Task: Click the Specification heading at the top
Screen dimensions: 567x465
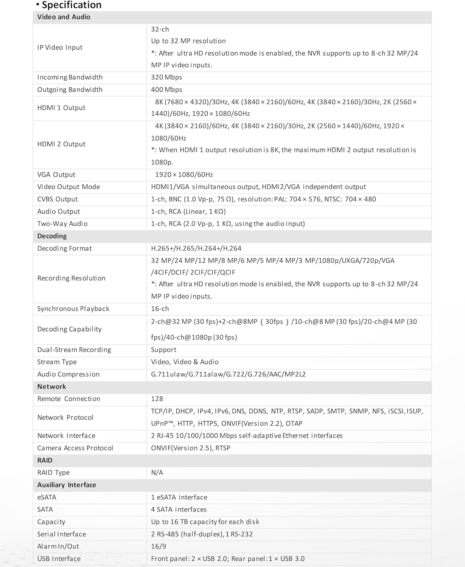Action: (x=71, y=5)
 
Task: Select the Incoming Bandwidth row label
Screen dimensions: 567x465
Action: (x=70, y=77)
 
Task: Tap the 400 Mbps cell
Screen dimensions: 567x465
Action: (x=166, y=90)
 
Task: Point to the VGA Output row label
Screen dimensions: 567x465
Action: (x=56, y=175)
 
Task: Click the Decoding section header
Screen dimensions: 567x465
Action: (x=52, y=236)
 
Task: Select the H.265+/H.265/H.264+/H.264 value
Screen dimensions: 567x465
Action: (x=196, y=248)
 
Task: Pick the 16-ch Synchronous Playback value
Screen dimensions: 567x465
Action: (x=160, y=309)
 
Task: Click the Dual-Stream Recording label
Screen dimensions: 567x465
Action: (x=74, y=350)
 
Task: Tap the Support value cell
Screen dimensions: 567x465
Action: (x=163, y=350)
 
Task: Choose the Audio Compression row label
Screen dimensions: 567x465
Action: (x=68, y=375)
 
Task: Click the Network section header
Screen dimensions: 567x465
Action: (x=51, y=387)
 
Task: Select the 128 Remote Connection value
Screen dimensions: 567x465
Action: (x=157, y=399)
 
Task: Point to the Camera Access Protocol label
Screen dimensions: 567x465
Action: (x=75, y=448)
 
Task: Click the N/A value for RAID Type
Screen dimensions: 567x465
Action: (x=157, y=473)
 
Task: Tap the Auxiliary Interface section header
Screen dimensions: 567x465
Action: (x=67, y=485)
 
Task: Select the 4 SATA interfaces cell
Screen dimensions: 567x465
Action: (x=179, y=510)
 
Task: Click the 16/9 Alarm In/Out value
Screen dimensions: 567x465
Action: (x=159, y=547)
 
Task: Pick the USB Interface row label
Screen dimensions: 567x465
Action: (x=59, y=559)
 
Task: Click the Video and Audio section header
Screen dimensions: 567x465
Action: (x=64, y=17)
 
